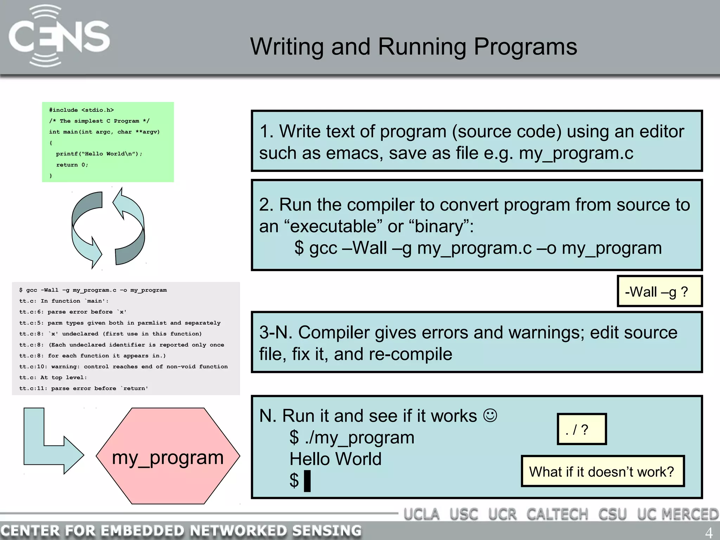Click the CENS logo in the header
tap(59, 36)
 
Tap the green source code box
tap(108, 142)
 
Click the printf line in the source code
tap(99, 154)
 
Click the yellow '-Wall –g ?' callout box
tap(659, 291)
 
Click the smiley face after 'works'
tap(490, 415)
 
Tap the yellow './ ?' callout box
tap(581, 429)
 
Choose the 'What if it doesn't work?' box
tap(602, 471)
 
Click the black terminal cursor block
tap(307, 481)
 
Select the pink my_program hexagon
tap(168, 456)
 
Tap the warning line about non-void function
tap(123, 367)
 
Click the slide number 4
tap(709, 533)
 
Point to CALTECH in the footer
tap(557, 514)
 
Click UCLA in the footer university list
tap(421, 514)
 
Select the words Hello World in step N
tap(335, 459)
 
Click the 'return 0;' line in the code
tap(72, 165)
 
